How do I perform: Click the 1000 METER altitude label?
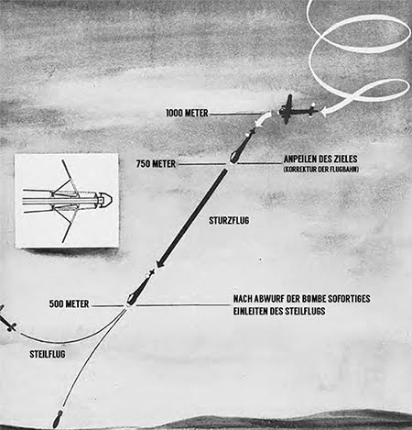pyautogui.click(x=187, y=113)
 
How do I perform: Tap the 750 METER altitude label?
pyautogui.click(x=156, y=164)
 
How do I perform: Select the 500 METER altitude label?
pyautogui.click(x=69, y=303)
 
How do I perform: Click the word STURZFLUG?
pyautogui.click(x=229, y=220)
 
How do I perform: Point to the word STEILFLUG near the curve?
pyautogui.click(x=48, y=354)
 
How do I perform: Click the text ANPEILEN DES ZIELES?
pyautogui.click(x=320, y=159)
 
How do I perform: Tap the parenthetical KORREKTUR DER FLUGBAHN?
pyautogui.click(x=321, y=170)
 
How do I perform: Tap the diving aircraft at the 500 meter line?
pyautogui.click(x=139, y=288)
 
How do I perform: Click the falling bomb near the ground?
pyautogui.click(x=57, y=419)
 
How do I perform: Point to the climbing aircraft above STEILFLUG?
pyautogui.click(x=6, y=319)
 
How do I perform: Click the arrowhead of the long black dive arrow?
pyautogui.click(x=161, y=263)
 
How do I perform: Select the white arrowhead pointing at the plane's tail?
pyautogui.click(x=325, y=112)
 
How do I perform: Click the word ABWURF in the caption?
pyautogui.click(x=267, y=299)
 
